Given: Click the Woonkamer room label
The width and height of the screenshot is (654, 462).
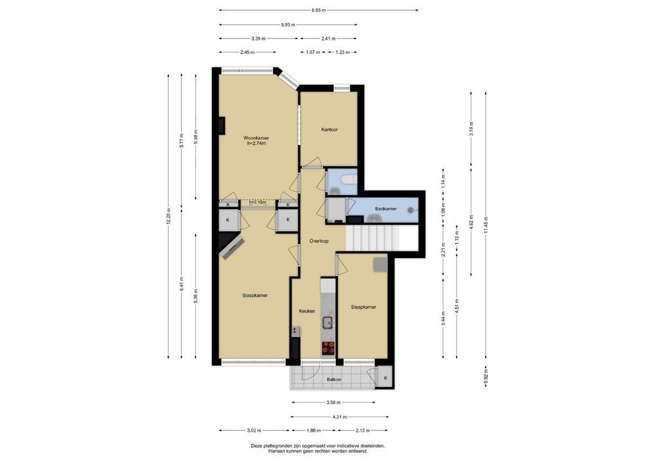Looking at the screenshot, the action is click(256, 138).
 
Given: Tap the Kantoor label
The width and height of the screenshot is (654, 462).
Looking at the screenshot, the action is click(329, 130).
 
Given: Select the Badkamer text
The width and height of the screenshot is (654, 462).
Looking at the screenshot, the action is click(385, 209).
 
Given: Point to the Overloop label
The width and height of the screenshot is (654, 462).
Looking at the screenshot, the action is click(319, 241).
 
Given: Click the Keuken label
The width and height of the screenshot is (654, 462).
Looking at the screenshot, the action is click(306, 311).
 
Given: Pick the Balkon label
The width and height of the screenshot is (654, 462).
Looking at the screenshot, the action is click(333, 379).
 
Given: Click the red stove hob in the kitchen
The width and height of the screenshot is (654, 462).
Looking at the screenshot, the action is click(328, 347).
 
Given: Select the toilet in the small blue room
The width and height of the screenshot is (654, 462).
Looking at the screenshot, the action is click(349, 180).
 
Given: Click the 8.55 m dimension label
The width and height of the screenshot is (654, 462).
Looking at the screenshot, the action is click(318, 10).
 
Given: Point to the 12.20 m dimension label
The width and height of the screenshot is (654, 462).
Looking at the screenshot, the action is click(168, 216).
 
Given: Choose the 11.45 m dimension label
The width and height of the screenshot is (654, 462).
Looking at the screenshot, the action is click(486, 225).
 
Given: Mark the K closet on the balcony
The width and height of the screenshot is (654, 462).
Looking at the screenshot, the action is click(385, 378).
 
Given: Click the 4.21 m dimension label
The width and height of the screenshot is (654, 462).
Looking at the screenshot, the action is click(339, 416).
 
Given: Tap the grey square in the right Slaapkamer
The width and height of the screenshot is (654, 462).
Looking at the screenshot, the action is click(380, 265).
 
